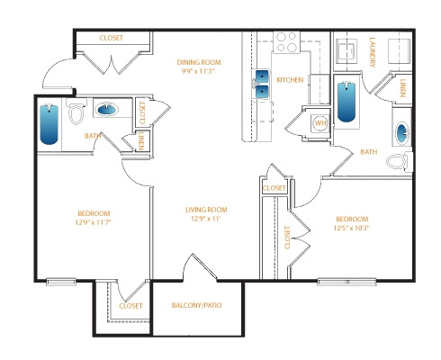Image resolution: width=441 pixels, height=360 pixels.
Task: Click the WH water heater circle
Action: tap(320, 123)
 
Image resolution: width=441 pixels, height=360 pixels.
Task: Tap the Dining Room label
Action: tap(199, 62)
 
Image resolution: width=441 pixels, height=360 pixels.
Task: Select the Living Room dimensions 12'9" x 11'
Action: tap(206, 219)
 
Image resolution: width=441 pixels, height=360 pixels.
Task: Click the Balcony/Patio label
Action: tap(196, 305)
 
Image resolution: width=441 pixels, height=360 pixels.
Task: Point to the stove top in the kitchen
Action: tap(286, 42)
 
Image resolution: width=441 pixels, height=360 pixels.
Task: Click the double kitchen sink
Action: tap(262, 85)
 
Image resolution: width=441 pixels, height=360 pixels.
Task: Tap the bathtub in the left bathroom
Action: tap(49, 124)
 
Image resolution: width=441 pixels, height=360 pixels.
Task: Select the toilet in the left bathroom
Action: tap(76, 112)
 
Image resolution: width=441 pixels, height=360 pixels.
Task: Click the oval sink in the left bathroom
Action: tap(106, 109)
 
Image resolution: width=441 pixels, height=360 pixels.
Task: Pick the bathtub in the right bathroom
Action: tap(346, 102)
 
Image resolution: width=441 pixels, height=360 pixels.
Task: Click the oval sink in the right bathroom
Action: tap(402, 133)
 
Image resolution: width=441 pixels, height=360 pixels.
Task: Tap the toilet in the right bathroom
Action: tap(400, 162)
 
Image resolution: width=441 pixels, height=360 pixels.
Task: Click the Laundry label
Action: tap(373, 52)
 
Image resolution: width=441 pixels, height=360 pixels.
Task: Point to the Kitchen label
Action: tap(290, 80)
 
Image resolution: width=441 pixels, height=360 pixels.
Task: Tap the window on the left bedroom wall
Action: tap(61, 282)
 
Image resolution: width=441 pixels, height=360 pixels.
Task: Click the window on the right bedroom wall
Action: tap(346, 282)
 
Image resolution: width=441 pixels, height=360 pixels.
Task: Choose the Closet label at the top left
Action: tap(112, 38)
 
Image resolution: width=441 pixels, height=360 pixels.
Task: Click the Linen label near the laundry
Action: tap(402, 88)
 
